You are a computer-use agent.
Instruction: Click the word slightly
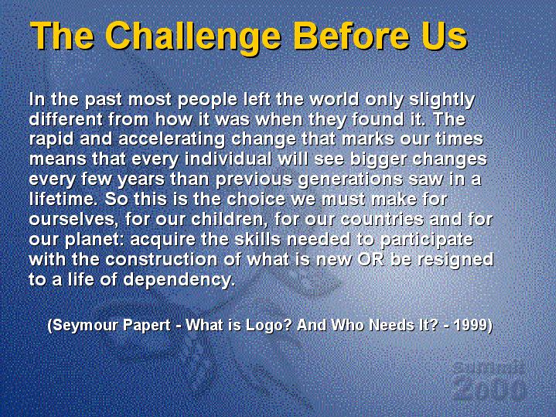[442, 101]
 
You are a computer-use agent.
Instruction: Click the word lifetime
[63, 199]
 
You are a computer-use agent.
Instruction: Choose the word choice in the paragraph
[256, 199]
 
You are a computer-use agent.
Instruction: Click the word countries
[382, 220]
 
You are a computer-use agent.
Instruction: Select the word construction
[162, 259]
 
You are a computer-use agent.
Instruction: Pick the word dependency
[179, 280]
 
